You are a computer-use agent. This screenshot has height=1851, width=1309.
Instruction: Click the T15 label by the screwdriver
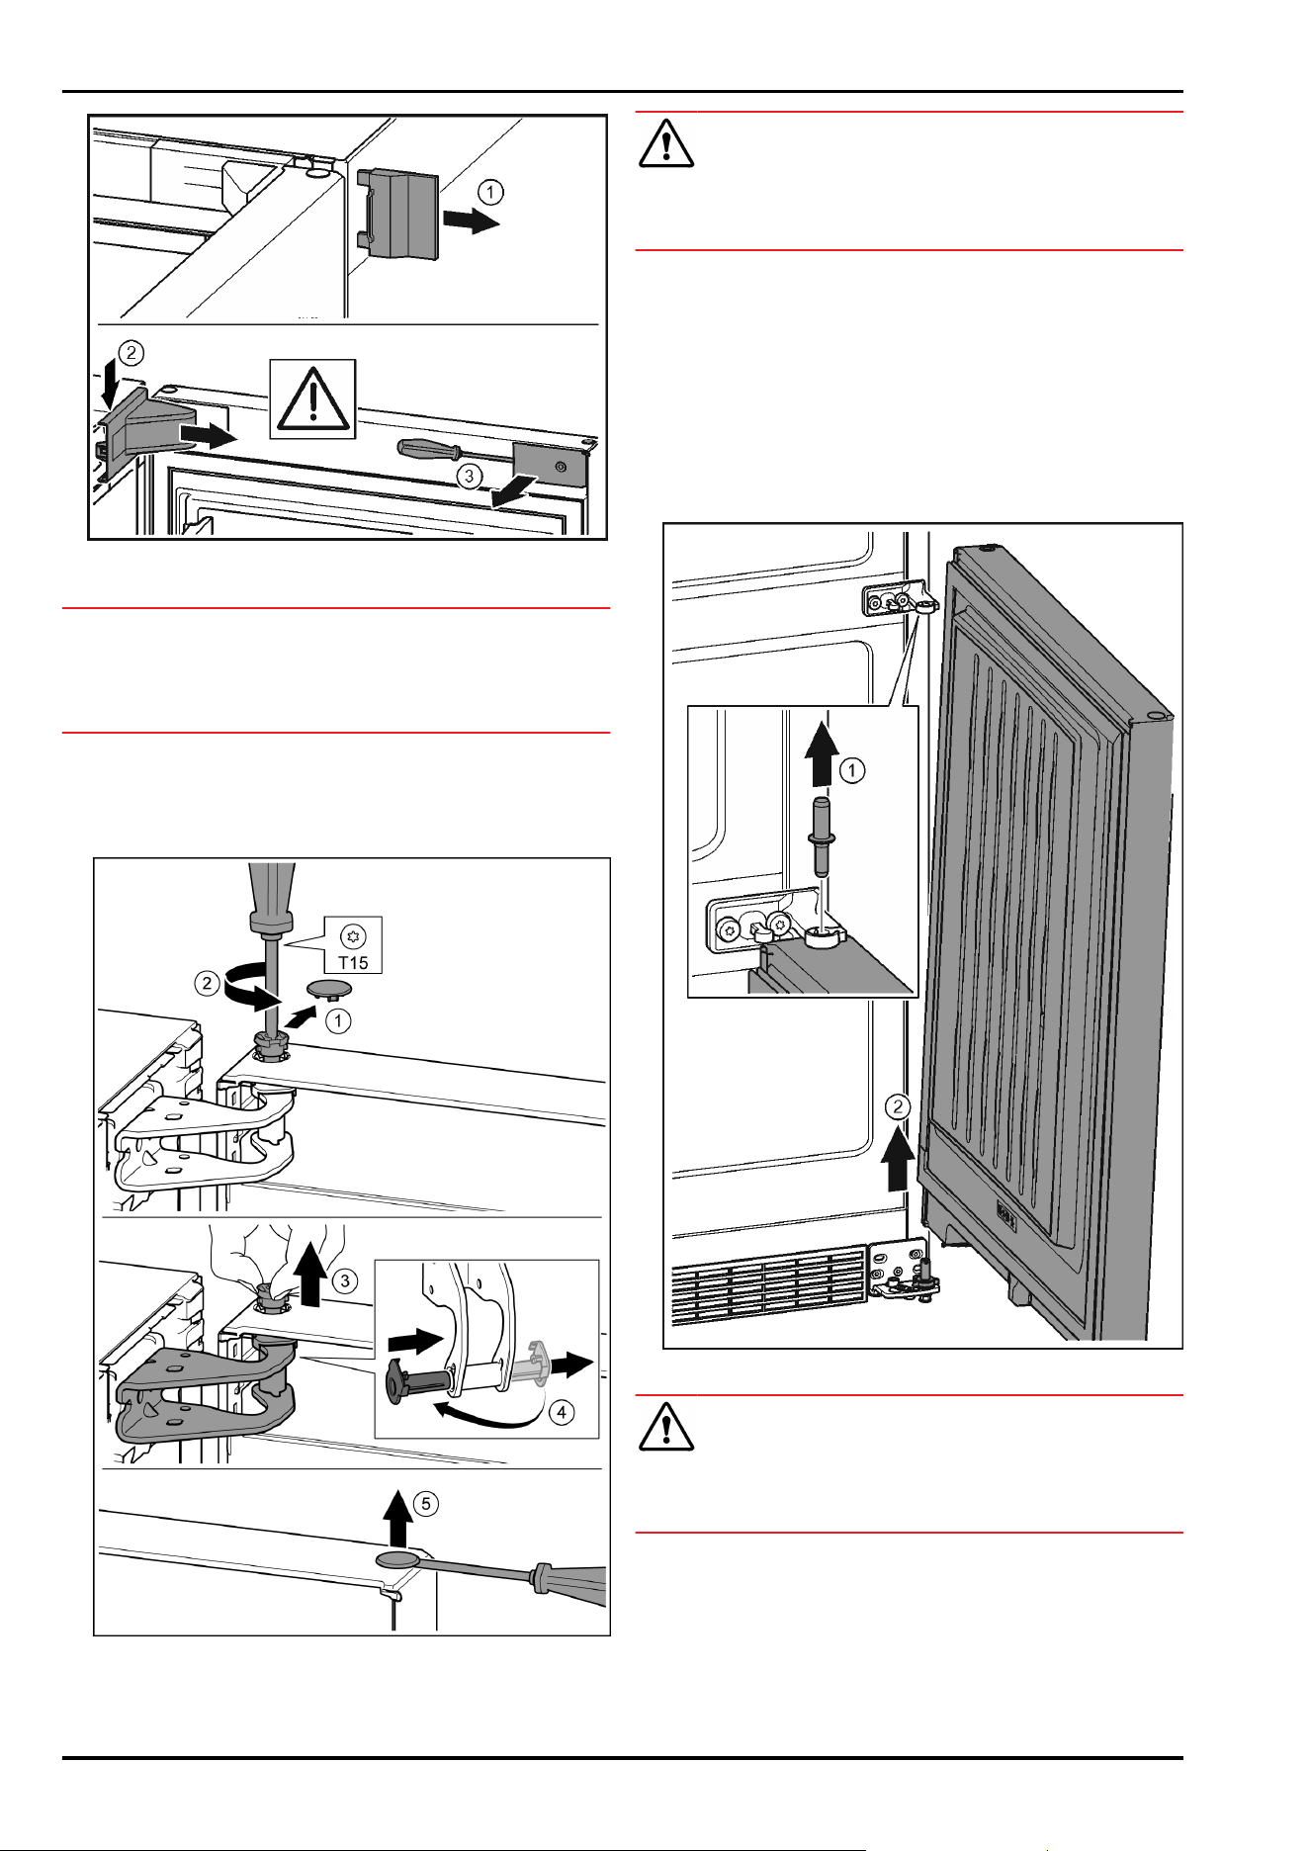pyautogui.click(x=354, y=961)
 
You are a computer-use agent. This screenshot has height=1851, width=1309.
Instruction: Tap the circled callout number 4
pyautogui.click(x=562, y=1413)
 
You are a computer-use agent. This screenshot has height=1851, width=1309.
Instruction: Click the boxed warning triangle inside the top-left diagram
pyautogui.click(x=312, y=399)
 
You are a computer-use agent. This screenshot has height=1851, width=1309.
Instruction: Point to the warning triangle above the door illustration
pyautogui.click(x=665, y=142)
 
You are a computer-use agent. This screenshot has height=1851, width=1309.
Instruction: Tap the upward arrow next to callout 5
pyautogui.click(x=397, y=1521)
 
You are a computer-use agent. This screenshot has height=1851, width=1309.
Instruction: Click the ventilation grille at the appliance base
pyautogui.click(x=770, y=1286)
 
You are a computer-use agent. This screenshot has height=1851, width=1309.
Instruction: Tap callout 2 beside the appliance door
pyautogui.click(x=898, y=1106)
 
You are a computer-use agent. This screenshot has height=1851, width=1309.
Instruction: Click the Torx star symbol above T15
pyautogui.click(x=353, y=934)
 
